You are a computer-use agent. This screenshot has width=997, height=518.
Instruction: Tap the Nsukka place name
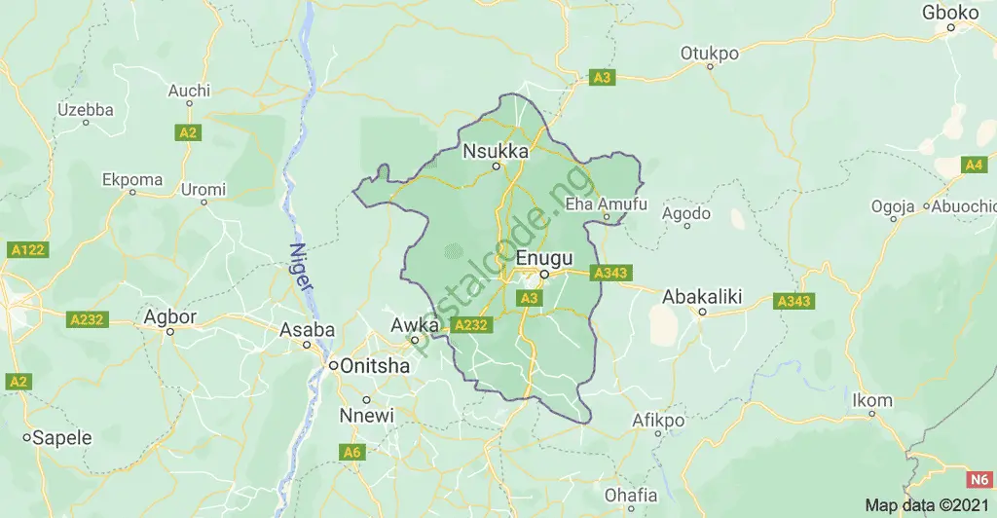click(x=496, y=151)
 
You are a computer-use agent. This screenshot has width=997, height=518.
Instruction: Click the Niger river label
click(x=299, y=269)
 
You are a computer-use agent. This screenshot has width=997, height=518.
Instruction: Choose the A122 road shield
click(x=26, y=250)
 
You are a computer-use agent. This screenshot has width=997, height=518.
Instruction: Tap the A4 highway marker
click(x=974, y=166)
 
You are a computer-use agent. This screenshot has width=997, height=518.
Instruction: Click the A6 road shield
click(x=352, y=452)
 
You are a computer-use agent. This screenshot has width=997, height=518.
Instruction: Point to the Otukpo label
click(x=710, y=53)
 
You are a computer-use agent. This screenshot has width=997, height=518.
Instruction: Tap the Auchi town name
click(x=189, y=91)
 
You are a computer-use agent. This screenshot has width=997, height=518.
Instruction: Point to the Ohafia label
click(x=631, y=495)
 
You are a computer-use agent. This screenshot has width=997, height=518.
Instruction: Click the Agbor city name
click(x=169, y=316)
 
